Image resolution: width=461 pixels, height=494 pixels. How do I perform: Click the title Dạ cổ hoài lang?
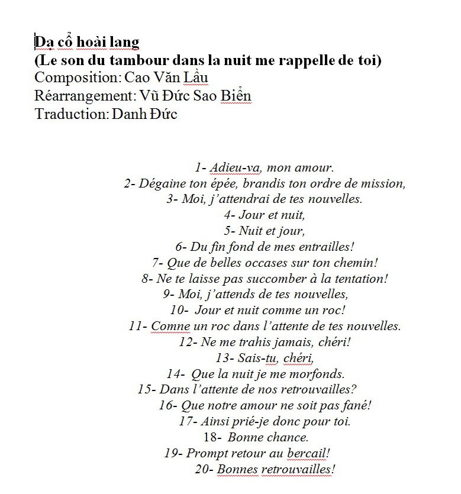point(87,42)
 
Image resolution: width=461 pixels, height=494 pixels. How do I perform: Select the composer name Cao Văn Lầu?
point(167,78)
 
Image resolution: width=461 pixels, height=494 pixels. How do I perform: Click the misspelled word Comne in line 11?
point(171,326)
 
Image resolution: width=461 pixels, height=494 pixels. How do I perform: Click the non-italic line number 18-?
point(212,438)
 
